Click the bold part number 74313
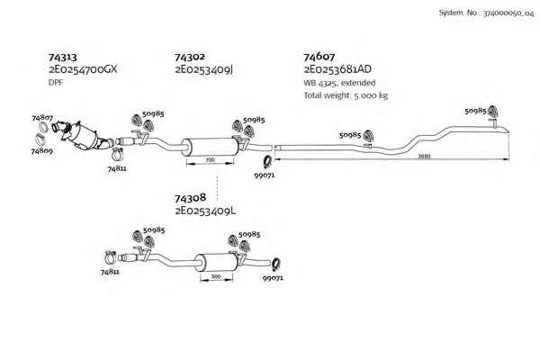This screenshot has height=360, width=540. [x=62, y=57]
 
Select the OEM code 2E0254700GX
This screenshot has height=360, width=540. [x=83, y=69]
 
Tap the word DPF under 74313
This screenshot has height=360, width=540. [x=56, y=83]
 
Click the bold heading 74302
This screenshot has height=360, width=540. [x=189, y=57]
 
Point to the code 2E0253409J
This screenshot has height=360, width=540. [x=204, y=69]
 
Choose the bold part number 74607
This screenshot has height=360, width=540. [x=319, y=57]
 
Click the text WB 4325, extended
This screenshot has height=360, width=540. [x=339, y=83]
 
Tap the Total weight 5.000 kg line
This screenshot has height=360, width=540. [x=346, y=95]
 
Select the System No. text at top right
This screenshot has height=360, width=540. [x=486, y=13]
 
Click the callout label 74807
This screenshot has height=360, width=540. [x=42, y=118]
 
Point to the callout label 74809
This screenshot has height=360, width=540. [x=41, y=151]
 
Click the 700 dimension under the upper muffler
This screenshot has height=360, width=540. [x=210, y=160]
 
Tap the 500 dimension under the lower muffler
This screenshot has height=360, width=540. [x=216, y=276]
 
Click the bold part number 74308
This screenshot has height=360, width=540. [x=190, y=198]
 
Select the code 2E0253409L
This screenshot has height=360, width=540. [x=205, y=211]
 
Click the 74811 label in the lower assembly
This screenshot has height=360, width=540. [x=110, y=272]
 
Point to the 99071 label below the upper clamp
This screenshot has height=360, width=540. [x=264, y=175]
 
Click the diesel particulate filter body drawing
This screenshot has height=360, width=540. [x=82, y=137]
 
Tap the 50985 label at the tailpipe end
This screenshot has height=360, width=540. [x=475, y=111]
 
